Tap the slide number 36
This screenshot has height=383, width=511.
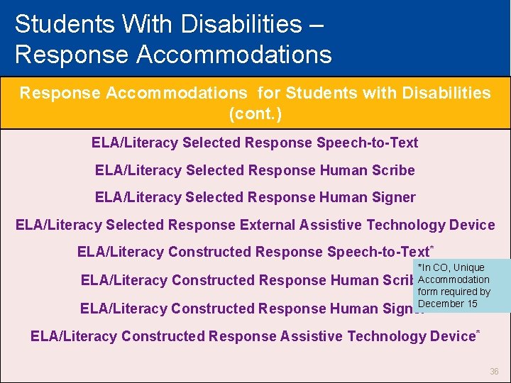tap(494, 371)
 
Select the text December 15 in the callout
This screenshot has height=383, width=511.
tap(447, 304)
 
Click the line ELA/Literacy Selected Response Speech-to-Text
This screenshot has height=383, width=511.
tap(255, 143)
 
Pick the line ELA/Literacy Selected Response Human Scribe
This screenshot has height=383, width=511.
tap(255, 170)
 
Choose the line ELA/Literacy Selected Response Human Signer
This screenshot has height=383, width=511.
tap(255, 197)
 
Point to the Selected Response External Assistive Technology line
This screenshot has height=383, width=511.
tap(255, 225)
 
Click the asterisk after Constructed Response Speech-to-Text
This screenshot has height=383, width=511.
tap(432, 247)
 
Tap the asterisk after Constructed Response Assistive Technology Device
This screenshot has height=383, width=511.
tap(478, 331)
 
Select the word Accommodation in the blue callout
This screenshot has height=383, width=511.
tap(454, 279)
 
